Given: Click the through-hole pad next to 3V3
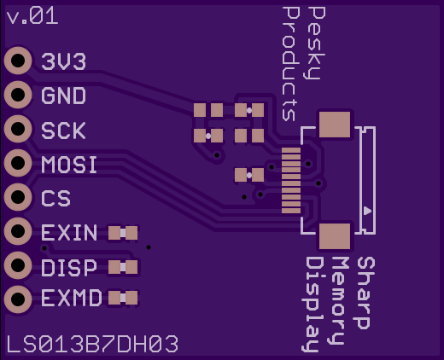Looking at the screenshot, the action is coord(18,61).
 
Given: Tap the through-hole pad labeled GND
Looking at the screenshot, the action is coord(18,95).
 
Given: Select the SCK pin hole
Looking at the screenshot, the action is coord(18,129).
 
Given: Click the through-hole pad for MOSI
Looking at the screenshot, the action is coord(18,163).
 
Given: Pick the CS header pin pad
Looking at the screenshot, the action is coord(18,197).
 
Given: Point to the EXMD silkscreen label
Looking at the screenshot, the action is coord(72,298).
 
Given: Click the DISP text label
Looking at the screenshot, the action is coord(69,268).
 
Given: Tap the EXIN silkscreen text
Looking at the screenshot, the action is coord(69,233).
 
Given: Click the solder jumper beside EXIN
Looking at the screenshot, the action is coord(123,233).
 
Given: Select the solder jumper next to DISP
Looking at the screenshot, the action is coord(123,267).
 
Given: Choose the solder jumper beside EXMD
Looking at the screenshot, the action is coord(123,298).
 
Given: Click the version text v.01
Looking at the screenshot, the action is coord(32,16).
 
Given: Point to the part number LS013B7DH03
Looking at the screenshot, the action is coord(92,344).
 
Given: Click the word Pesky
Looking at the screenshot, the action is coord(317,44).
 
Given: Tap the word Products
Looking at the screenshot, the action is coord(291,64).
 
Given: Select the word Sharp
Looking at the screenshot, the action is coord(365,293).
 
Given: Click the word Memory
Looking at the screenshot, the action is coord(340,301).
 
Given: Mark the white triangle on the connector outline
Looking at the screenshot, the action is coord(367,211).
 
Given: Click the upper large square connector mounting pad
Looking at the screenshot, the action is coord(335,125).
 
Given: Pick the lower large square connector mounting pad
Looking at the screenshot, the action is coord(335,236).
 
